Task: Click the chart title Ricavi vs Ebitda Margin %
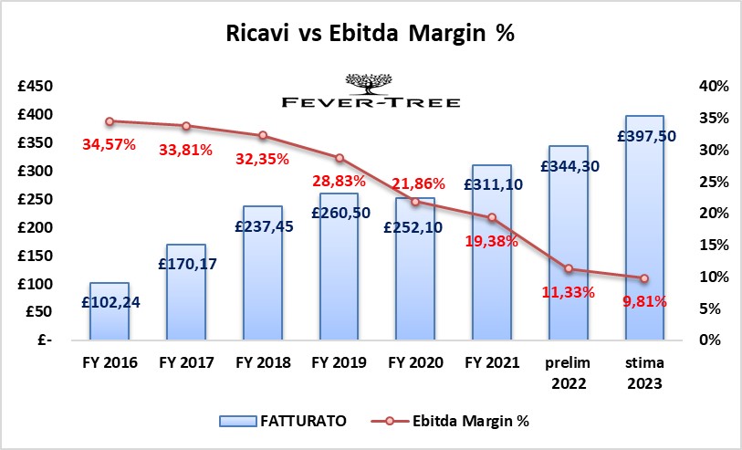point(371,35)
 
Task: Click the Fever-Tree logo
point(371,91)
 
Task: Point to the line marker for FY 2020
point(414,202)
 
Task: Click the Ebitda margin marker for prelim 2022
point(568,268)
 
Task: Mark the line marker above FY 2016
point(110,121)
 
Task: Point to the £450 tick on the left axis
point(36,87)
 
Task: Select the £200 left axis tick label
point(36,227)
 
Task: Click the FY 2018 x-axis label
point(262,362)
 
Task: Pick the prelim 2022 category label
point(567,371)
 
